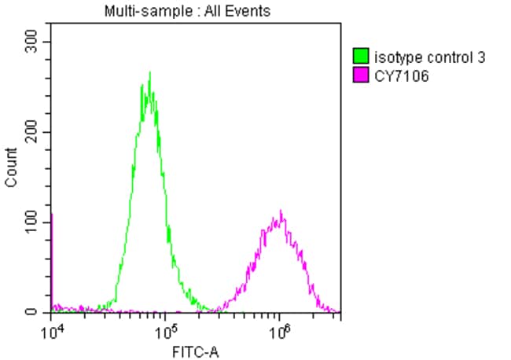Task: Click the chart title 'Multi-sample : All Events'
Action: [188, 11]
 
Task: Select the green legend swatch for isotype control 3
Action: [362, 56]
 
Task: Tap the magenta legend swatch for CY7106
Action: [362, 76]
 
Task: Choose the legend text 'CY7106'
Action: [402, 76]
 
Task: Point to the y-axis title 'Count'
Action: [11, 167]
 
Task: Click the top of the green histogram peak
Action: [149, 73]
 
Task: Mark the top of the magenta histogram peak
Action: [281, 211]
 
